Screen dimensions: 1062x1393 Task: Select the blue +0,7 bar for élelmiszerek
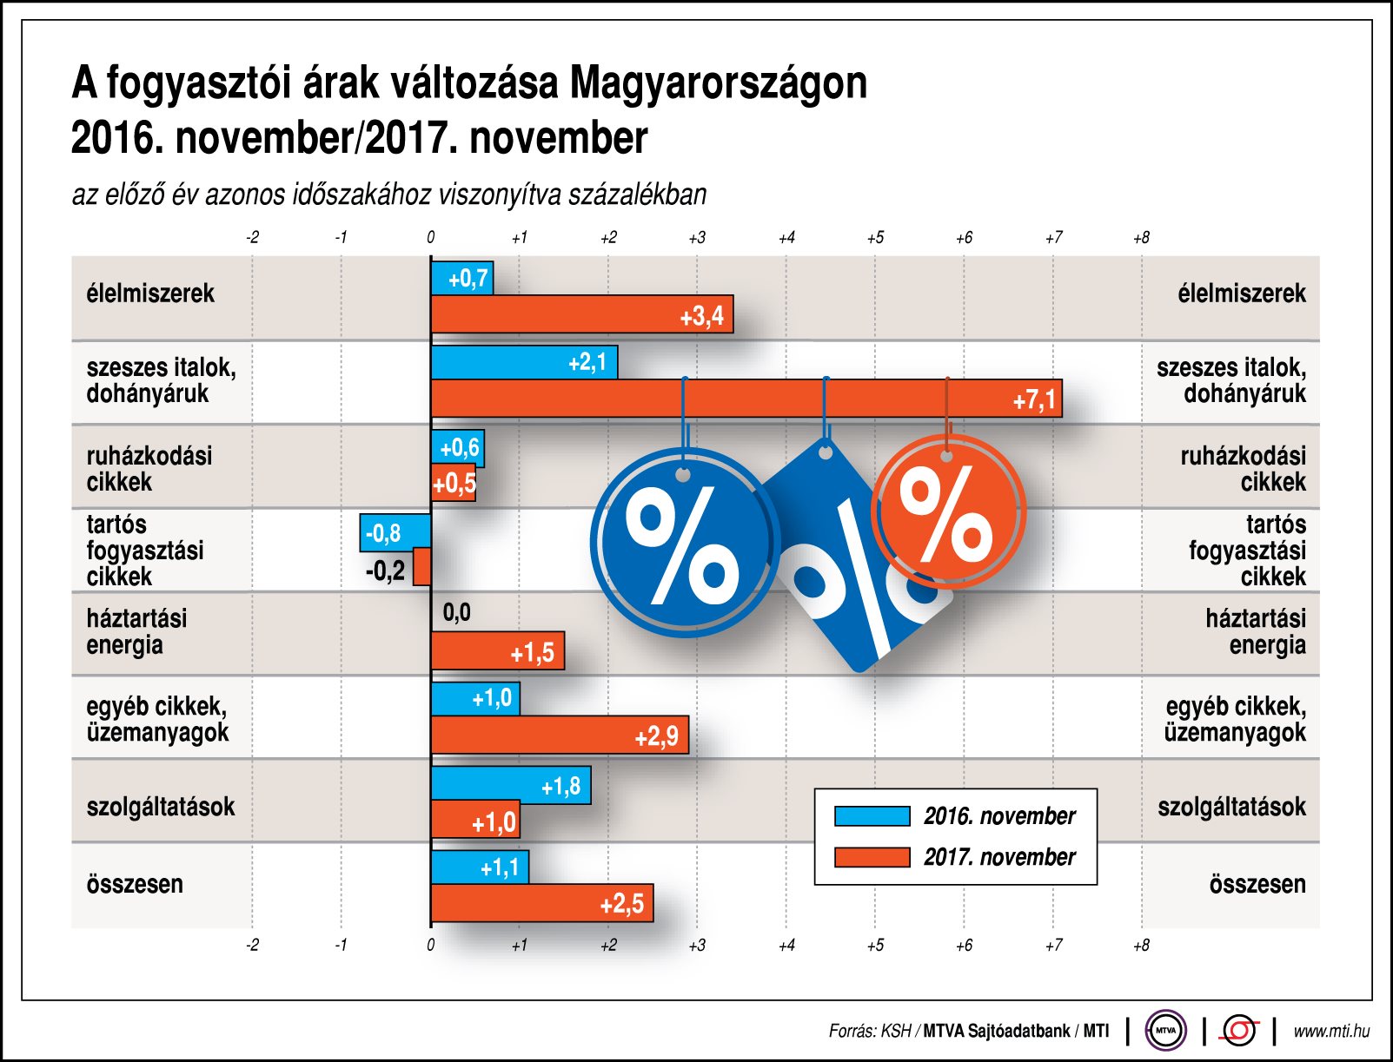[462, 279]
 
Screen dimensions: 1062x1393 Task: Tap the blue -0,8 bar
[395, 532]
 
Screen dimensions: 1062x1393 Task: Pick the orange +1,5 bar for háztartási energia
[497, 650]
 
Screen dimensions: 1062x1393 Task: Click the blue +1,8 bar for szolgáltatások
[511, 785]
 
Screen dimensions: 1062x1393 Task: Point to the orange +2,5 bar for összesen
[541, 903]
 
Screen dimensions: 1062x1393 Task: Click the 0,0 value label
[456, 613]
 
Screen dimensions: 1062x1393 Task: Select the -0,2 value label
[385, 571]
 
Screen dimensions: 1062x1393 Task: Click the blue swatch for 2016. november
[872, 816]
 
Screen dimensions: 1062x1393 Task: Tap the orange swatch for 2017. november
[872, 857]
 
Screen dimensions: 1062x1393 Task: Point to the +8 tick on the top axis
[1141, 238]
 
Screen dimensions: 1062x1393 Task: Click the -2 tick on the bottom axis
[252, 945]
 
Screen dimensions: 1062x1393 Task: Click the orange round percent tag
[948, 512]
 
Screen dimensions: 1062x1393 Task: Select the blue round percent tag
[684, 544]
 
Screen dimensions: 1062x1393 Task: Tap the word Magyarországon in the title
[718, 83]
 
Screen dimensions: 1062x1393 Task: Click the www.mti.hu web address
[1331, 1031]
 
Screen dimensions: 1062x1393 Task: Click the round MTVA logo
[1165, 1031]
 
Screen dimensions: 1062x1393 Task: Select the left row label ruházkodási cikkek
[149, 469]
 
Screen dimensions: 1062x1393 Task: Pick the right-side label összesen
[1257, 884]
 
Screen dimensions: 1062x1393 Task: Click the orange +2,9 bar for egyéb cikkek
[560, 735]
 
